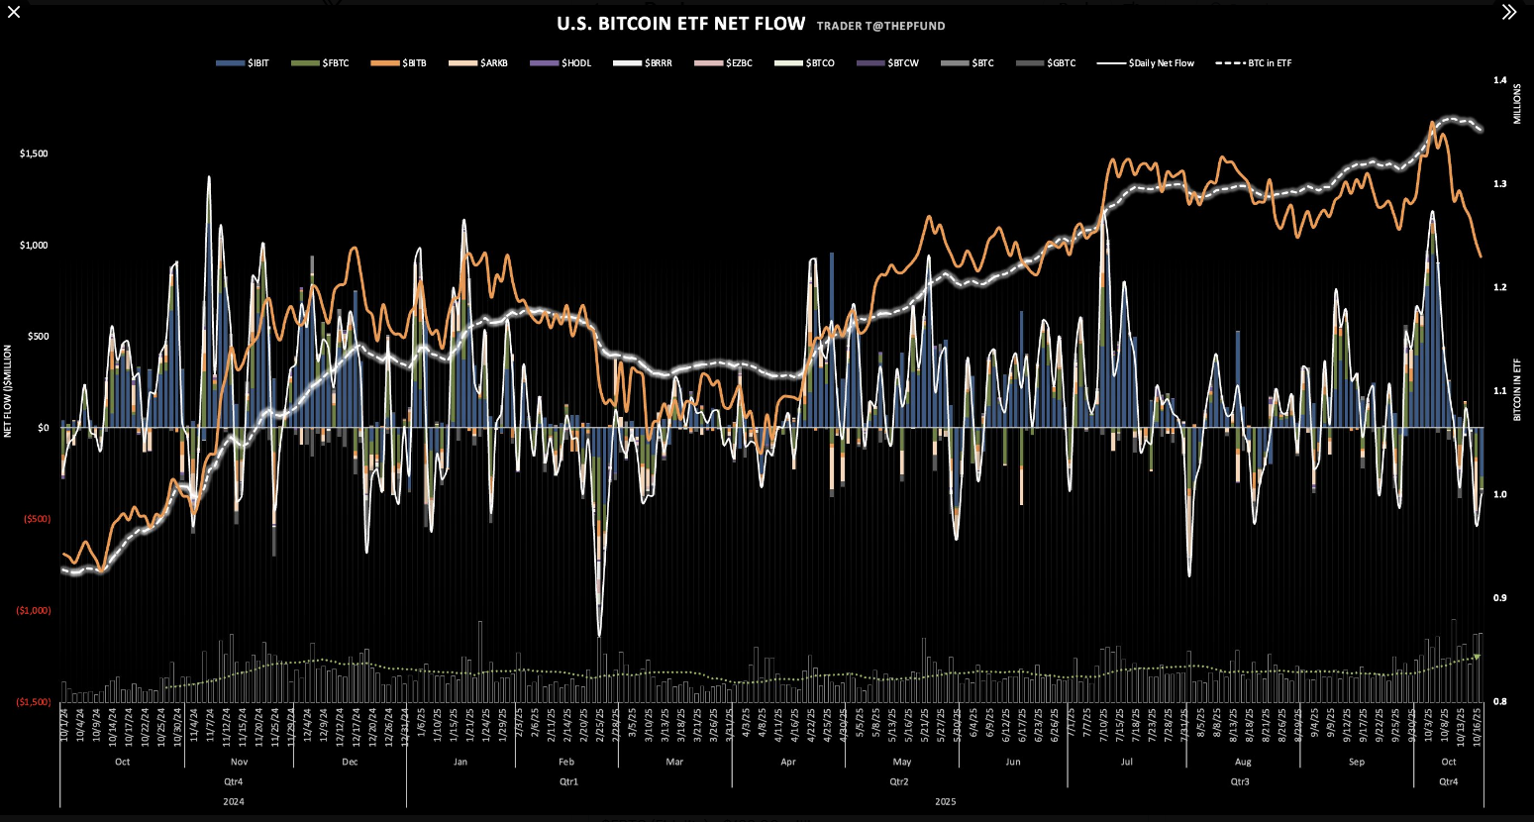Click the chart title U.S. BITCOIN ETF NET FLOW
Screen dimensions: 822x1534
680,24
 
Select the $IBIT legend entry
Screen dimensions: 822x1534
243,63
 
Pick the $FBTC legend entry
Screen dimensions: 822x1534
321,63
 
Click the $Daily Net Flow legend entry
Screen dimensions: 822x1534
1146,63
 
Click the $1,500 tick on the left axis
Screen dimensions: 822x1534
34,154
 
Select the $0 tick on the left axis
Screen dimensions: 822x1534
43,428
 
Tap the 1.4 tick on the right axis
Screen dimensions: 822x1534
1499,81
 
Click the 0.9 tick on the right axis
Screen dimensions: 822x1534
1499,598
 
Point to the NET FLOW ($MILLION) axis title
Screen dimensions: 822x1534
8,390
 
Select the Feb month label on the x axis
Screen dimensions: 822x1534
566,762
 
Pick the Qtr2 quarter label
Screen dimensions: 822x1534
898,781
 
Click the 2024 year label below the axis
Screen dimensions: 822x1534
233,801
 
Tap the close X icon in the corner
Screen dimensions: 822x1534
14,12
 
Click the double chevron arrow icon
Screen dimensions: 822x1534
1508,12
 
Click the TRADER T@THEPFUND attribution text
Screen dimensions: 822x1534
880,26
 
